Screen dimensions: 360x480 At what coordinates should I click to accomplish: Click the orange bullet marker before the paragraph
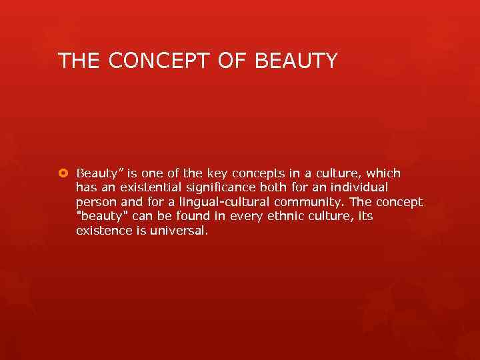click(63, 173)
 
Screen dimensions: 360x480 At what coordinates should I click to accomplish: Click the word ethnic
click(279, 217)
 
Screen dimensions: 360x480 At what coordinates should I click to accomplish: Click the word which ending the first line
click(383, 173)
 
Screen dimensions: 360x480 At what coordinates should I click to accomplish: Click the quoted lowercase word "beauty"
click(100, 217)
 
